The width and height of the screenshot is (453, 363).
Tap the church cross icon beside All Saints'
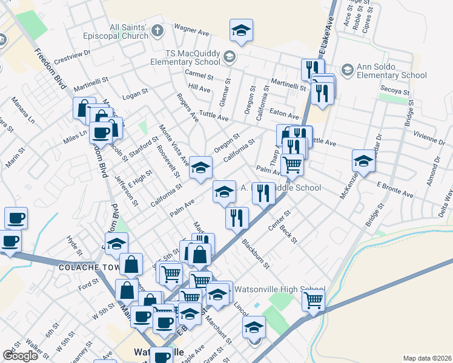[157, 30]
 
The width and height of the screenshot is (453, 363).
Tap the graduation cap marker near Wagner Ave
[241, 31]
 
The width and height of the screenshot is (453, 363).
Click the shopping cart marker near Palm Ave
[292, 165]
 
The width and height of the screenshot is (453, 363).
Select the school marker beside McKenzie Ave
[363, 162]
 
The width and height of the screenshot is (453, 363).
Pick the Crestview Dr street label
[71, 56]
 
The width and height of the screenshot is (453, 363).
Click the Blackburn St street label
[255, 253]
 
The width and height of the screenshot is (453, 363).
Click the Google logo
[20, 356]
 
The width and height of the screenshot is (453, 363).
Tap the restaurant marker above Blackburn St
[236, 218]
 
